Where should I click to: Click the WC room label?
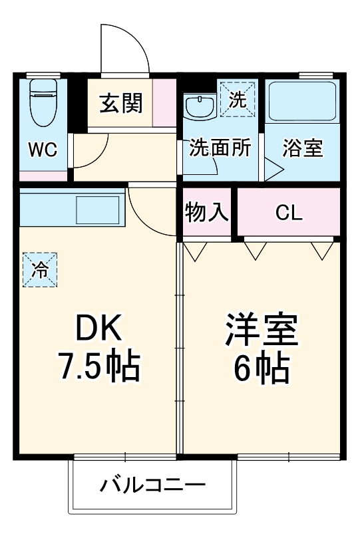[x=42, y=148]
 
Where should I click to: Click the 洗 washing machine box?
[x=238, y=99]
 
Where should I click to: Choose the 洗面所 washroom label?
[x=220, y=148]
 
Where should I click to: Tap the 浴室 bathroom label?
[x=303, y=148]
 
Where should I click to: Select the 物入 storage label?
[x=207, y=213]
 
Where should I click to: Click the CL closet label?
[x=289, y=213]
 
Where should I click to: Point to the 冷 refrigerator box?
[x=40, y=269]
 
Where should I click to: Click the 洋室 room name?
[x=262, y=327]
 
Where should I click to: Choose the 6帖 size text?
[x=262, y=366]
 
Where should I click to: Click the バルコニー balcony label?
[x=152, y=485]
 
